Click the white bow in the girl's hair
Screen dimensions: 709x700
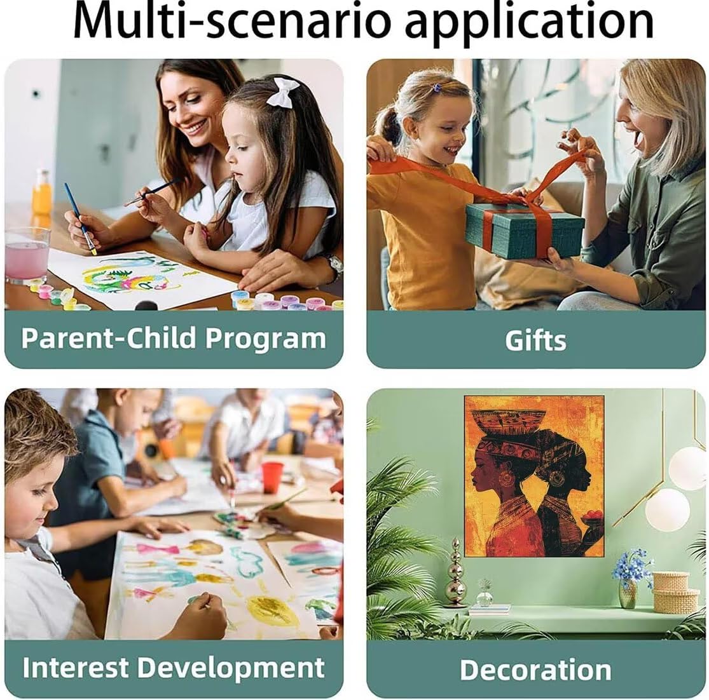point(283,91)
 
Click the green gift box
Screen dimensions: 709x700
point(525,230)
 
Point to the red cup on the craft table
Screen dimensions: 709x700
point(272,477)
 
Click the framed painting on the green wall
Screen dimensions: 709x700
point(535,476)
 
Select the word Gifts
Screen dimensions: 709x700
point(535,340)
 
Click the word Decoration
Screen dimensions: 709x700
point(535,670)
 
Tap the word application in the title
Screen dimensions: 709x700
point(530,23)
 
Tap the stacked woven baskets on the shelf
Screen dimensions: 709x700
point(675,591)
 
